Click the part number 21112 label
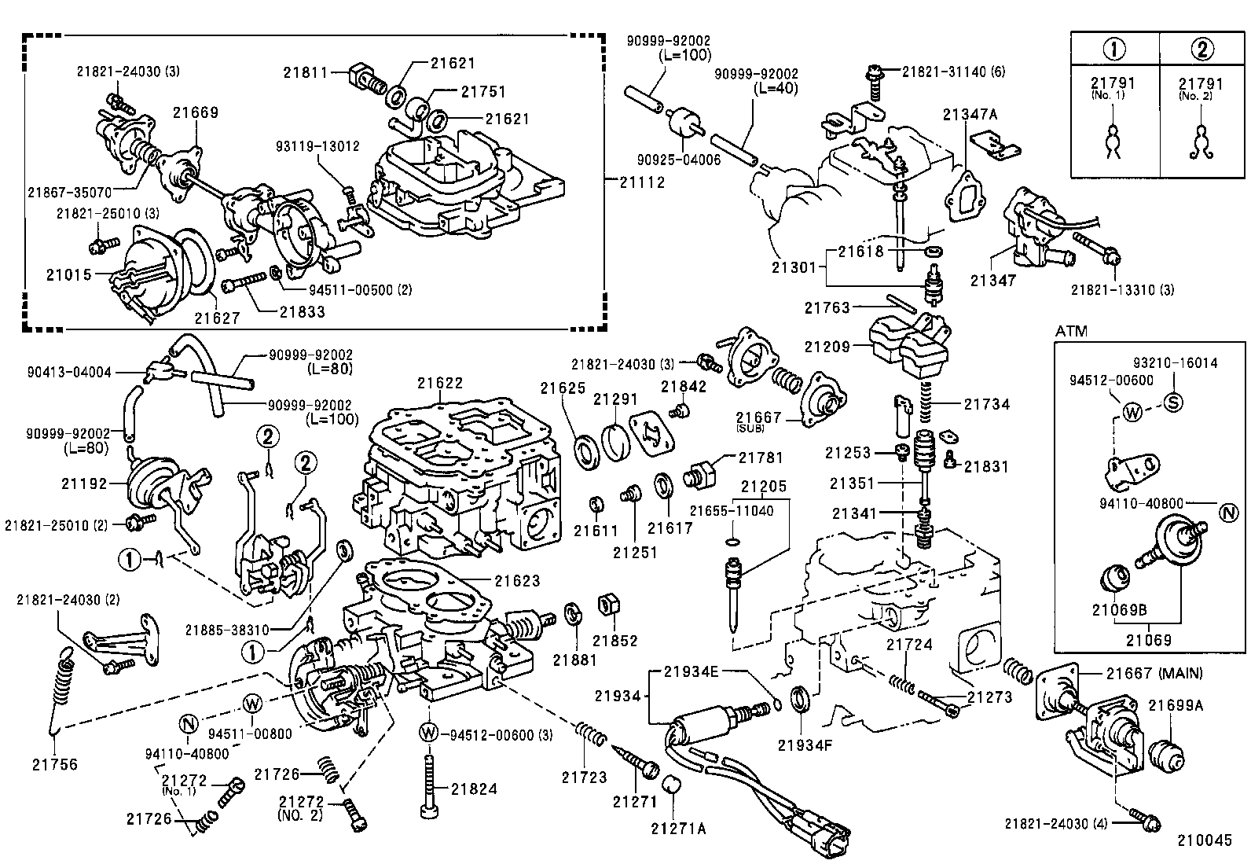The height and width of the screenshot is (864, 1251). pos(641,182)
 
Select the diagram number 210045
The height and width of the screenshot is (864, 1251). pos(1204,840)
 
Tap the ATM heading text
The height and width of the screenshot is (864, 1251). pos(1071,331)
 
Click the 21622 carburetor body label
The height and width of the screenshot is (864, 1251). pos(440,383)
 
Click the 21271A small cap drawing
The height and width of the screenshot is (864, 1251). pos(670,785)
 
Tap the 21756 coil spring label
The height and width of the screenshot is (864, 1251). pos(55,763)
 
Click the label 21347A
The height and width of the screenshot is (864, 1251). pos(970,115)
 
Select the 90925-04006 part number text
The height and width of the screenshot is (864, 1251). pos(681,160)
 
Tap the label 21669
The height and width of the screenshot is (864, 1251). pos(196,112)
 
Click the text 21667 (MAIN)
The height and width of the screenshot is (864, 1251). pos(1154,673)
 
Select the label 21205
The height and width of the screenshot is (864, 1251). pos(763,487)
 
